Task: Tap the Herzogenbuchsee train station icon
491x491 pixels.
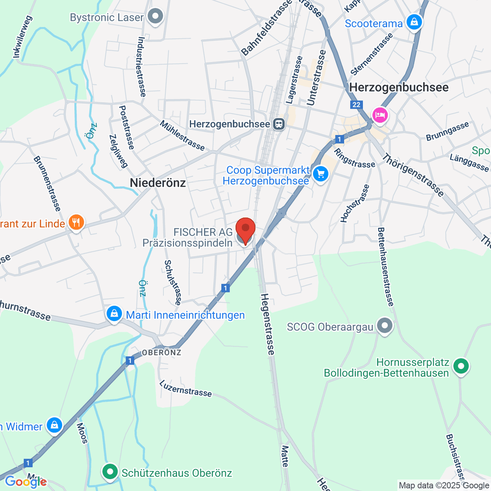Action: (x=279, y=124)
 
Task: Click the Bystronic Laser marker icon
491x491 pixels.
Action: (x=155, y=17)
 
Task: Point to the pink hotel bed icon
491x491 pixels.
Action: (x=380, y=114)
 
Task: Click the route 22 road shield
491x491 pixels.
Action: (x=356, y=105)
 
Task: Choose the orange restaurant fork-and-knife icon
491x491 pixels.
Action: (x=76, y=223)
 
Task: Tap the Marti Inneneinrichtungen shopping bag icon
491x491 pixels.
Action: (x=114, y=314)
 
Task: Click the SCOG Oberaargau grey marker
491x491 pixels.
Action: (x=385, y=326)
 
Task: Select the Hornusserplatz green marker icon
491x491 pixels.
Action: (x=461, y=366)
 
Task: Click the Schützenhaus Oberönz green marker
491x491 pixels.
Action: (x=110, y=472)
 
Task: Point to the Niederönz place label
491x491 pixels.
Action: (x=158, y=183)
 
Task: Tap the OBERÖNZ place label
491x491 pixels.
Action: (x=161, y=352)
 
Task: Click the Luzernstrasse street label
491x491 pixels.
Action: (x=185, y=388)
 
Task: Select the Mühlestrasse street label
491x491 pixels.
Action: (x=182, y=135)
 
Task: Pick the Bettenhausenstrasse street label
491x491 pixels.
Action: (x=385, y=267)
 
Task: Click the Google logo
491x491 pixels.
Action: (x=25, y=482)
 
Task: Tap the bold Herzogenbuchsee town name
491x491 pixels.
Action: (x=399, y=87)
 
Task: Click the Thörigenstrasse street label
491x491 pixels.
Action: (x=413, y=175)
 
